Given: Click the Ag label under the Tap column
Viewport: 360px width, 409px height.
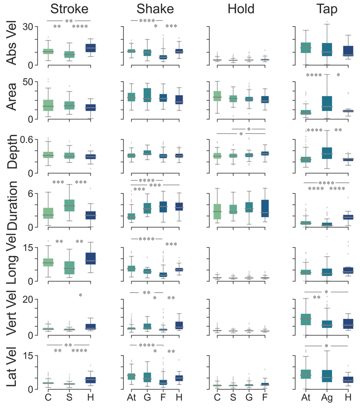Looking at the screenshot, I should point(327,398).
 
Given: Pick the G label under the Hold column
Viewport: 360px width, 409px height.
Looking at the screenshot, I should point(249,398).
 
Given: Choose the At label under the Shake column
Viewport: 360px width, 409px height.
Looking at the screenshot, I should point(131,398).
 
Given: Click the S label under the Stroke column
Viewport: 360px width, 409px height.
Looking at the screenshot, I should point(69,398).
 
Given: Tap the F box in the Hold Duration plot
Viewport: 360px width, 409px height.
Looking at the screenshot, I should point(265,208).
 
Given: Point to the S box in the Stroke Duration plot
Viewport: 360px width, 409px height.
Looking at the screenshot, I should point(69,205).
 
